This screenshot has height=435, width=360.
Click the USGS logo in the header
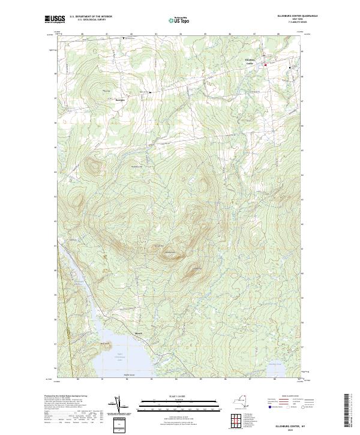[55, 19]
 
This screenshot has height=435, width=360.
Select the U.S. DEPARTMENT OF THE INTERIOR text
[91, 17]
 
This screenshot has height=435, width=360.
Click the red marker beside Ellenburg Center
[265, 64]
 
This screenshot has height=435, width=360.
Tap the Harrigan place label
[119, 100]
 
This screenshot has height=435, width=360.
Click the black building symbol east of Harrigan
[149, 92]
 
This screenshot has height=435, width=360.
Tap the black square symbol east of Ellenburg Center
[290, 68]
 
